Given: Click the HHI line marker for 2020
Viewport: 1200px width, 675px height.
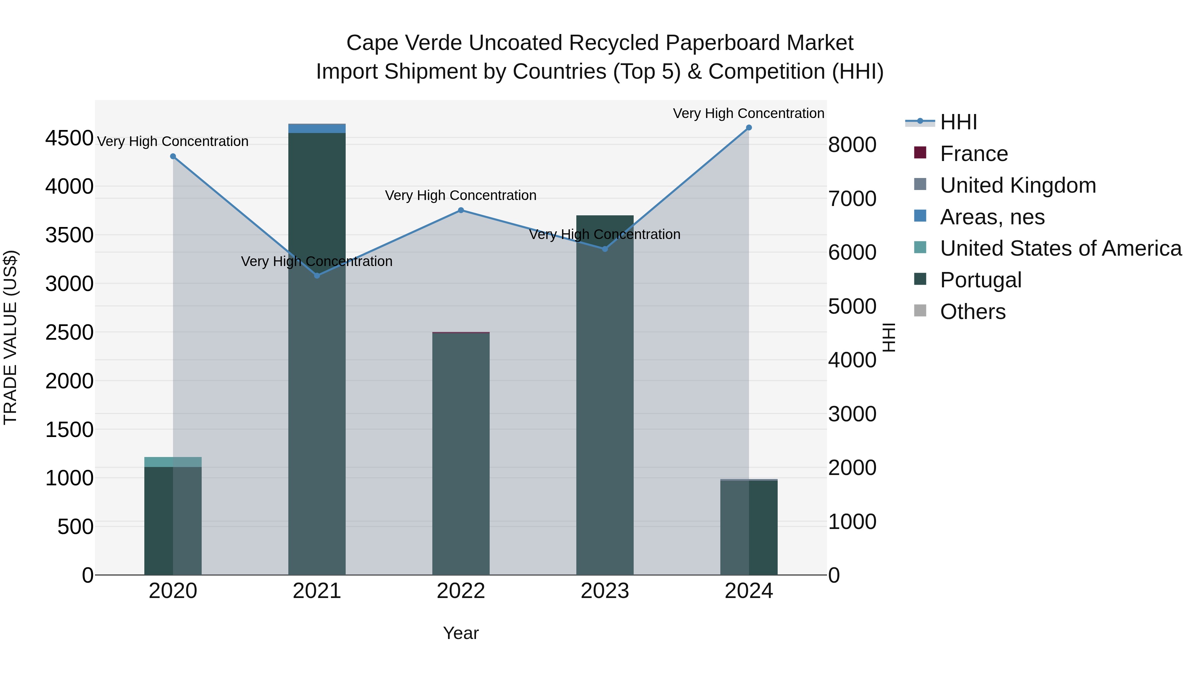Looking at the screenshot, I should click(x=173, y=157).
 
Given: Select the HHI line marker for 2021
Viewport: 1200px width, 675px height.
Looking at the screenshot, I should click(x=317, y=276).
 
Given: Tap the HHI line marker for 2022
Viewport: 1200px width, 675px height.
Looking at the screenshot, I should click(x=461, y=210).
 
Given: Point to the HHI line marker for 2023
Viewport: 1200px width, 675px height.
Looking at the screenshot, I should click(x=605, y=249).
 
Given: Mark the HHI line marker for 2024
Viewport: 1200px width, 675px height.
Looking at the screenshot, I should click(x=749, y=128).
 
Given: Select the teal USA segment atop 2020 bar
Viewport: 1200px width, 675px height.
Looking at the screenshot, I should click(x=173, y=462).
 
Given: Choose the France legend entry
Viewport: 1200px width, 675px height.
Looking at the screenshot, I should click(x=974, y=154).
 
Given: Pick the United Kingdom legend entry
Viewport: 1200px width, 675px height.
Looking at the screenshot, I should click(x=1018, y=185).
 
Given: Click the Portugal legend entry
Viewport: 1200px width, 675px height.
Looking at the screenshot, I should click(x=981, y=280).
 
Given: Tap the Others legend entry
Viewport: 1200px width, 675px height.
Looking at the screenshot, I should click(x=973, y=312).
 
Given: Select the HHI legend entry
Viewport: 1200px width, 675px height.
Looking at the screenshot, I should click(x=958, y=122).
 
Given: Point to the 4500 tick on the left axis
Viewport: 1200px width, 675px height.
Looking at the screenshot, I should click(x=69, y=138).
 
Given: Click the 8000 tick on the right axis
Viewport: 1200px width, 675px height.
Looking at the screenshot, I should click(x=852, y=145).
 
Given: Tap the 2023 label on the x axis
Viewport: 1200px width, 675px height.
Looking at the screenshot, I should click(x=605, y=591).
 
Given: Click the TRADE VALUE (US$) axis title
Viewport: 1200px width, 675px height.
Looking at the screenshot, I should click(x=10, y=337).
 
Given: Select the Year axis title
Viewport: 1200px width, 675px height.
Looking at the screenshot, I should click(x=461, y=633).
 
